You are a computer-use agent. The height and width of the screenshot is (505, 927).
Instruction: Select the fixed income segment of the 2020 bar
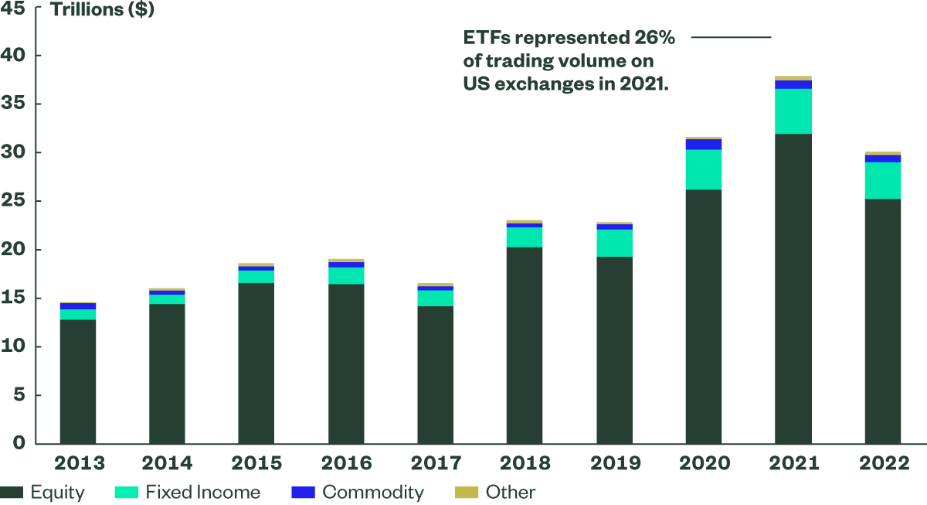(x=704, y=169)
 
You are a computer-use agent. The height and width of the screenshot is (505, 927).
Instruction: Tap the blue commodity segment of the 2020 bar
(x=704, y=145)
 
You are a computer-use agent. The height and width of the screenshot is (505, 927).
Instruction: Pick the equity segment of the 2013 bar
(x=78, y=381)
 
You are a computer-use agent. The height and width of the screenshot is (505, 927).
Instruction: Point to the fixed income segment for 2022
(x=883, y=180)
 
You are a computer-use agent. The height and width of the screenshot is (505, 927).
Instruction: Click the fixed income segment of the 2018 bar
(x=525, y=237)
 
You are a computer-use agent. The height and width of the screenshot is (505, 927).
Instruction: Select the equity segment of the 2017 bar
(x=435, y=375)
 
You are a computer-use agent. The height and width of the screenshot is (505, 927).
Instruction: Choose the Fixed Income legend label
(x=203, y=493)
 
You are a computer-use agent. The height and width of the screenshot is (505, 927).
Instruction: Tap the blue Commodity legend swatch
(x=304, y=493)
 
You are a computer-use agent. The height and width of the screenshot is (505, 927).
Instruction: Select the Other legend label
(x=511, y=493)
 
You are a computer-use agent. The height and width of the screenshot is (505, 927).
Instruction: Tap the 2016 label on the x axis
(x=346, y=463)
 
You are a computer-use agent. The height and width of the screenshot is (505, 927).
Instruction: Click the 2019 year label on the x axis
(x=614, y=463)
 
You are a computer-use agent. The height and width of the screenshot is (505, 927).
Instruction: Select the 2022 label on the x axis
(x=883, y=463)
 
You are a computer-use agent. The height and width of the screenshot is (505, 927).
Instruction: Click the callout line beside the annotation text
(x=731, y=37)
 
